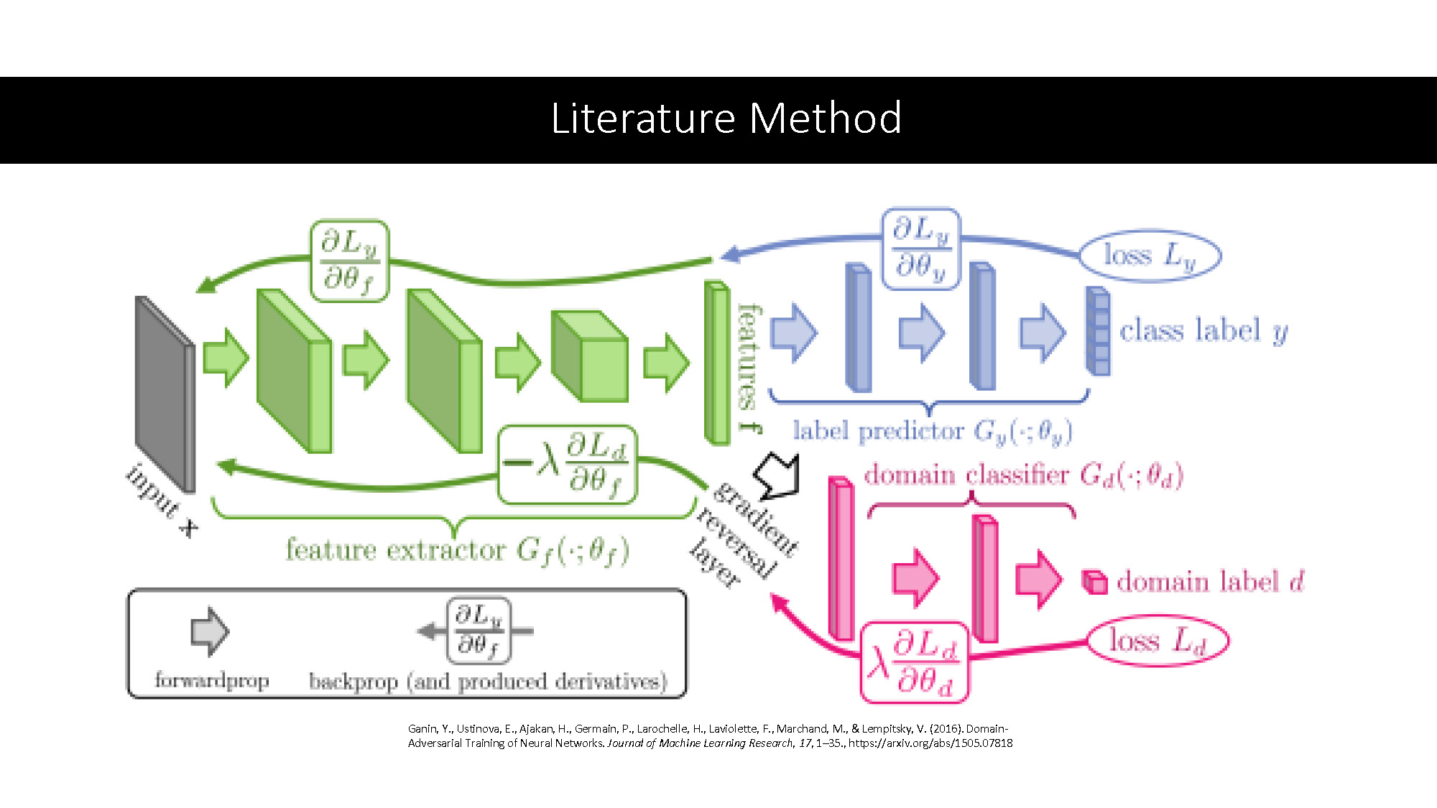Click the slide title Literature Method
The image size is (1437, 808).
[x=726, y=119]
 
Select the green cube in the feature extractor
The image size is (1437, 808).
[x=590, y=356]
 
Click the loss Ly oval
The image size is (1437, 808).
[x=1150, y=256]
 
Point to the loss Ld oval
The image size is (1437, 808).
[x=1157, y=640]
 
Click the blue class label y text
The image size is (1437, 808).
[x=1203, y=331]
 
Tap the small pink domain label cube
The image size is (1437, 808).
[x=1094, y=582]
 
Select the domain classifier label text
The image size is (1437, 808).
[x=1023, y=475]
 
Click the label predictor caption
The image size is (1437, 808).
[x=932, y=431]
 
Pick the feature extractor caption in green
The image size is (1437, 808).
[x=457, y=550]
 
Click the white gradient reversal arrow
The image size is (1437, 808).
[x=777, y=475]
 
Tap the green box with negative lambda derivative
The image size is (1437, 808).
[x=568, y=464]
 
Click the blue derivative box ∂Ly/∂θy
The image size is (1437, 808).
[x=921, y=249]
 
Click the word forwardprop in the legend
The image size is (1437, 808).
[x=212, y=680]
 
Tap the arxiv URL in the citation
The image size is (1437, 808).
[x=930, y=743]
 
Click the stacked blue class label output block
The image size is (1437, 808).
[x=1098, y=331]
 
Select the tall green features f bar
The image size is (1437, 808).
[x=716, y=363]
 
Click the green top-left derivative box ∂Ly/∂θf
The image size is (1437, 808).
[x=349, y=261]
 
